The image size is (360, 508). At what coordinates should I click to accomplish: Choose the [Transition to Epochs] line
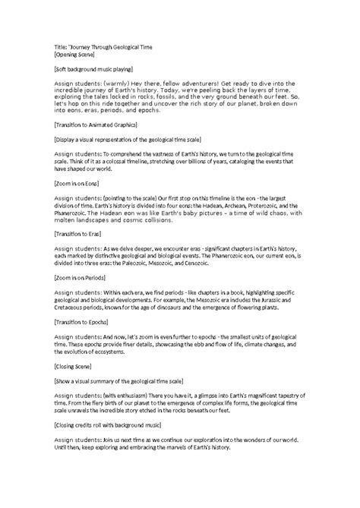[77, 322]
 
